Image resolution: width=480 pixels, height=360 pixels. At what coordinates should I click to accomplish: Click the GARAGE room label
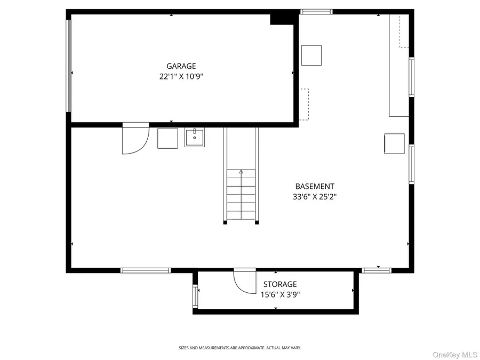click(181, 66)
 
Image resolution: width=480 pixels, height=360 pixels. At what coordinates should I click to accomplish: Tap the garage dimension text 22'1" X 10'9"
click(181, 76)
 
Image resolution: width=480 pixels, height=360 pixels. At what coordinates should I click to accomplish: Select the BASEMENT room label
click(315, 187)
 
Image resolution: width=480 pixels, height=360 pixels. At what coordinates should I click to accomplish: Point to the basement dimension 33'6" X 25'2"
click(315, 196)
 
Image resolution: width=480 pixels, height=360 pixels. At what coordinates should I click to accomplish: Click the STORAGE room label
click(280, 284)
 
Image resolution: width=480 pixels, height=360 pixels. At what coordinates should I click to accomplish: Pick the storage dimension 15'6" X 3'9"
click(280, 294)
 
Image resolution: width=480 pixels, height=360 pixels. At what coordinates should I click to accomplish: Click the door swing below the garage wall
click(135, 139)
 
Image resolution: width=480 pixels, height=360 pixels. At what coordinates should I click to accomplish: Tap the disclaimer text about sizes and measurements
click(240, 348)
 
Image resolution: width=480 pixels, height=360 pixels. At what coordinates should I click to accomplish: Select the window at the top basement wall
click(316, 11)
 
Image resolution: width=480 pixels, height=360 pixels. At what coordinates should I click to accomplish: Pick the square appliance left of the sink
click(168, 138)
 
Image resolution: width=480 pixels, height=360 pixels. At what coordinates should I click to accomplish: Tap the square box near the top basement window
click(311, 55)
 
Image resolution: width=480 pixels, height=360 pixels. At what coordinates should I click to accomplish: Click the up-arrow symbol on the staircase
click(241, 172)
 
